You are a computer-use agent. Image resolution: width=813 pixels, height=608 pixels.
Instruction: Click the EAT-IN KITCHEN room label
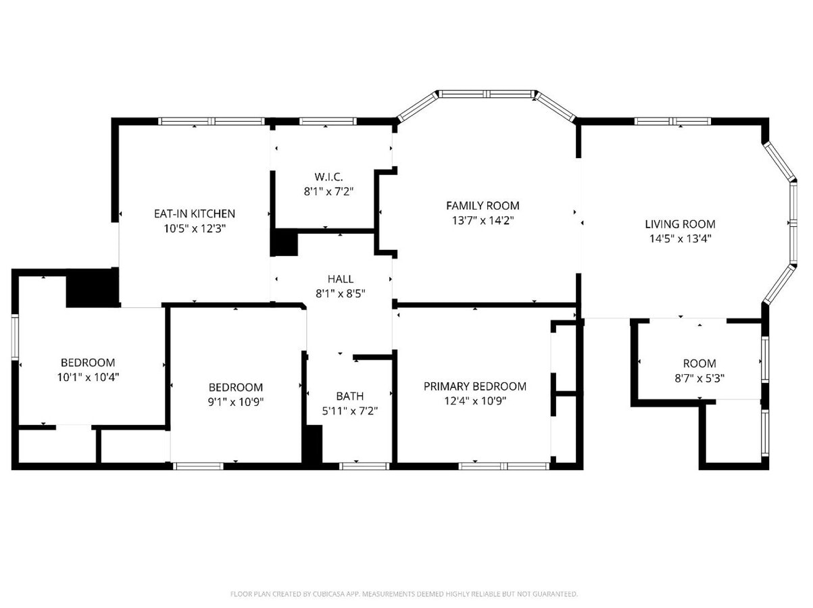(x=194, y=213)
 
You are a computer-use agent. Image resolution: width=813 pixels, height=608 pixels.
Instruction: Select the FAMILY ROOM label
(x=483, y=205)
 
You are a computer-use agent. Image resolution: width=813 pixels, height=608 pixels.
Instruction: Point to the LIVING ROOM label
(x=679, y=224)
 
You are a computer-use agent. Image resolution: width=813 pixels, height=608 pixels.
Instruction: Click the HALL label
(x=340, y=279)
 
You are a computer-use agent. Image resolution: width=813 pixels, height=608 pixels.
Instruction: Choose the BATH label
(x=349, y=397)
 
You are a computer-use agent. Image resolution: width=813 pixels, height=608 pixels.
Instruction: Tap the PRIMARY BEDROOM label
(x=474, y=386)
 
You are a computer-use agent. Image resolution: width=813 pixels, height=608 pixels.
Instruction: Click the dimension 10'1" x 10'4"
(x=88, y=377)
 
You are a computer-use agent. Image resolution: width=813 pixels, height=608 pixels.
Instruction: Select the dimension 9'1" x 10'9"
(x=235, y=402)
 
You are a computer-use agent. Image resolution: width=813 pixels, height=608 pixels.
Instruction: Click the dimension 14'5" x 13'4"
(x=679, y=238)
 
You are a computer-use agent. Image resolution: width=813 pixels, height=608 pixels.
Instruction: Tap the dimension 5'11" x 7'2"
(x=349, y=411)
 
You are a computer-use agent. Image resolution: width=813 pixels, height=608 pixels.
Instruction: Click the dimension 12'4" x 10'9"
(x=474, y=401)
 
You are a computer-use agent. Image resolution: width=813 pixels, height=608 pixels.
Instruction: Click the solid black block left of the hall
(x=285, y=243)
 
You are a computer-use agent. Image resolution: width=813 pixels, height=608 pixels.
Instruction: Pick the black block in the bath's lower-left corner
(x=313, y=445)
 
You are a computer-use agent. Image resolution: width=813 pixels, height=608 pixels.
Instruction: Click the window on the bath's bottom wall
(x=364, y=466)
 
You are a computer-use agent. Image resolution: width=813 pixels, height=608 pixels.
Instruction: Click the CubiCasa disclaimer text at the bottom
(x=404, y=594)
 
